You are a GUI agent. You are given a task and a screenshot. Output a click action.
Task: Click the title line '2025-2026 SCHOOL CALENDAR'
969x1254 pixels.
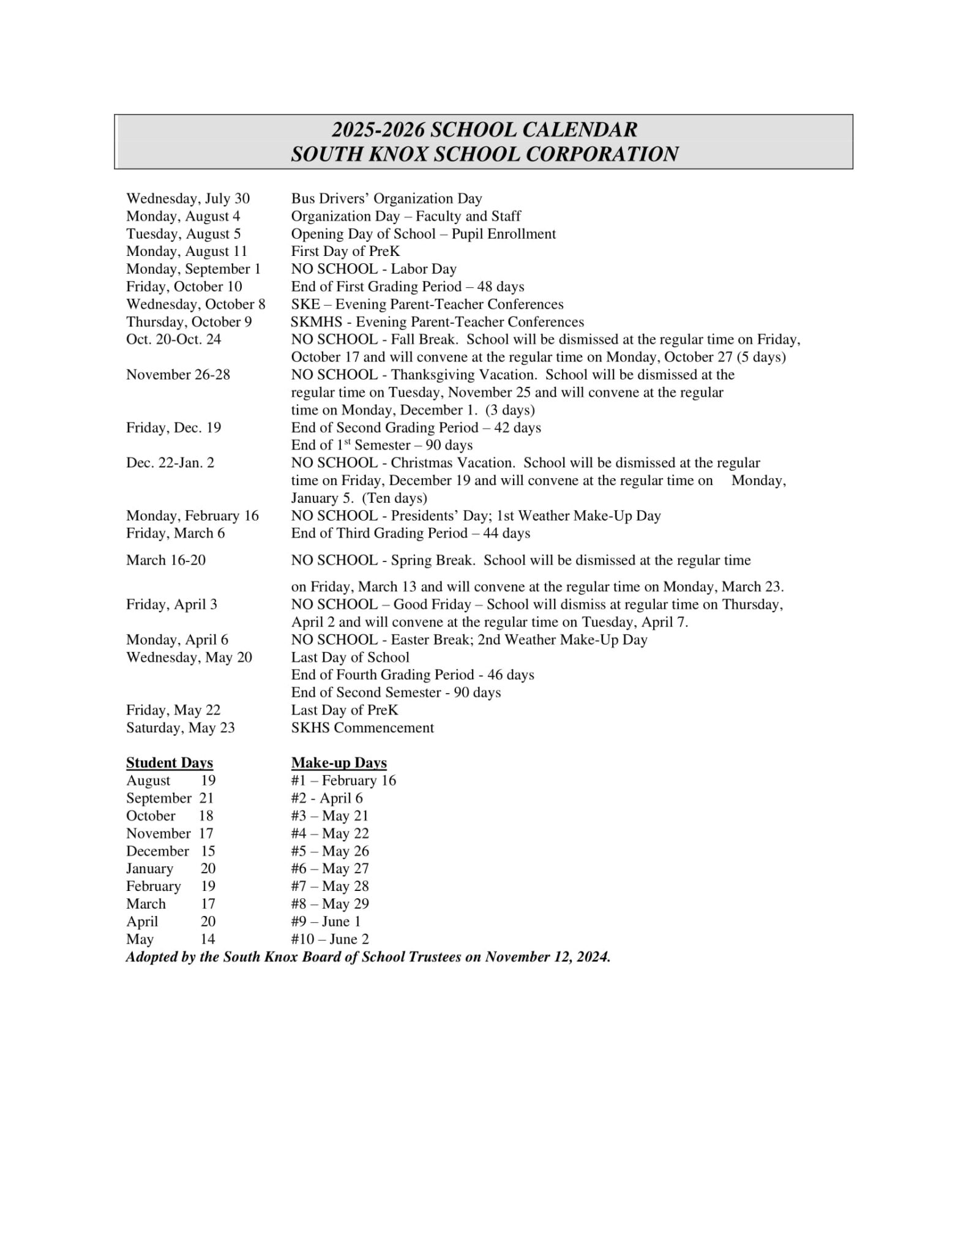484,130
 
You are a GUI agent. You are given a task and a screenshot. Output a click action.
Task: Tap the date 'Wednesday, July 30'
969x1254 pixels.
188,199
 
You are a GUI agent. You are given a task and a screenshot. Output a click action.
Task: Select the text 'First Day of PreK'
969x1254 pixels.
345,252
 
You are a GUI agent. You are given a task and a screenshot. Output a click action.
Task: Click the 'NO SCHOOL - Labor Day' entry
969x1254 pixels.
373,269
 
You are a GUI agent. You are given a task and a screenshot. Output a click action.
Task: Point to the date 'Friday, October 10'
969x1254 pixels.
184,287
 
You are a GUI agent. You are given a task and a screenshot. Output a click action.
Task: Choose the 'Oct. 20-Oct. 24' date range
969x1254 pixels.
173,340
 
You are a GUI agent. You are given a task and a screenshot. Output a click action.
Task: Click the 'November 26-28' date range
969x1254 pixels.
178,375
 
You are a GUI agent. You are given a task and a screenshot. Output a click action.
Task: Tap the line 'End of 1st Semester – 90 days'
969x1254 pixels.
381,445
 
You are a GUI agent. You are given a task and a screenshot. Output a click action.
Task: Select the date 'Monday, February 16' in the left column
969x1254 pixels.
192,516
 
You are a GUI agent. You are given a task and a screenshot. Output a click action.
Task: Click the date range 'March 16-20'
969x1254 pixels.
166,560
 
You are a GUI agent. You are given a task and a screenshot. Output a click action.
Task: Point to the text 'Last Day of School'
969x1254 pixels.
350,658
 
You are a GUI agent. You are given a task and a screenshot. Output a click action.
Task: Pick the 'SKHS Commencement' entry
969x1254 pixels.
362,728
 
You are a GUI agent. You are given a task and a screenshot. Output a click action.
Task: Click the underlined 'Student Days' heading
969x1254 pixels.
170,763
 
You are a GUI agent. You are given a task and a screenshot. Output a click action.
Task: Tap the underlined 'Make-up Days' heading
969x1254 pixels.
339,763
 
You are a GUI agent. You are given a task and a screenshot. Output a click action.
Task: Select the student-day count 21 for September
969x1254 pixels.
206,798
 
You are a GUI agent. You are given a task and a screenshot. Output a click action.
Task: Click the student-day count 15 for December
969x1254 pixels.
208,851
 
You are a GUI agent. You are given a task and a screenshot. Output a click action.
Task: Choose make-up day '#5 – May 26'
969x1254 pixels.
330,851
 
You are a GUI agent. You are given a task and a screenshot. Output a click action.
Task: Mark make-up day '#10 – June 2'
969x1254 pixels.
330,939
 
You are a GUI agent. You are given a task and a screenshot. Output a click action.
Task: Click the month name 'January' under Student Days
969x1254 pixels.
149,869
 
